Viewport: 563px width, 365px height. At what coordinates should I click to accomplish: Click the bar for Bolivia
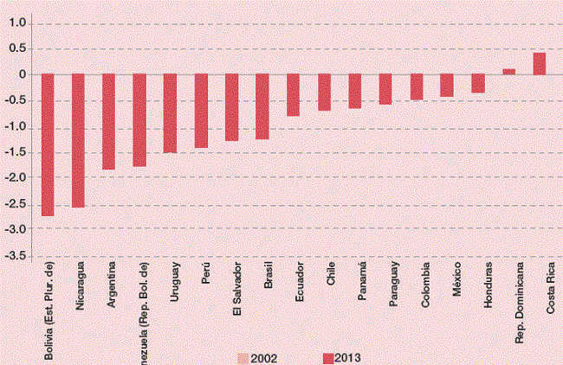(48, 144)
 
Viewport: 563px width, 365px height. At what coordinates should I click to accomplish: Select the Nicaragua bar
(78, 140)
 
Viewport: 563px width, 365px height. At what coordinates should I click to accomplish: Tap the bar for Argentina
(109, 121)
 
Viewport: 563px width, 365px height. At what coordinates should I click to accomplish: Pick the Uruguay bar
(170, 113)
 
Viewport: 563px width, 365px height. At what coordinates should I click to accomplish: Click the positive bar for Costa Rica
(539, 64)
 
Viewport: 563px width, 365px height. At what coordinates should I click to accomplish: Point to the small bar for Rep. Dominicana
(508, 72)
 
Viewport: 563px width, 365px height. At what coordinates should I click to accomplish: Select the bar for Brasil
(262, 106)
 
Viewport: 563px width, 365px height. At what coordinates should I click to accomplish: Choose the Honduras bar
(477, 83)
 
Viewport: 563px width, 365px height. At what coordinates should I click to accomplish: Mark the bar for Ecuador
(293, 95)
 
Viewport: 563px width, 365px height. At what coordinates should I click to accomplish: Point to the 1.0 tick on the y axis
(16, 23)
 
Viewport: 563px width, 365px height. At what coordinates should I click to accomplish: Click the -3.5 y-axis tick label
(14, 256)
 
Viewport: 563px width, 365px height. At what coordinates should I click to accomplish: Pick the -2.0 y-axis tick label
(14, 178)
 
